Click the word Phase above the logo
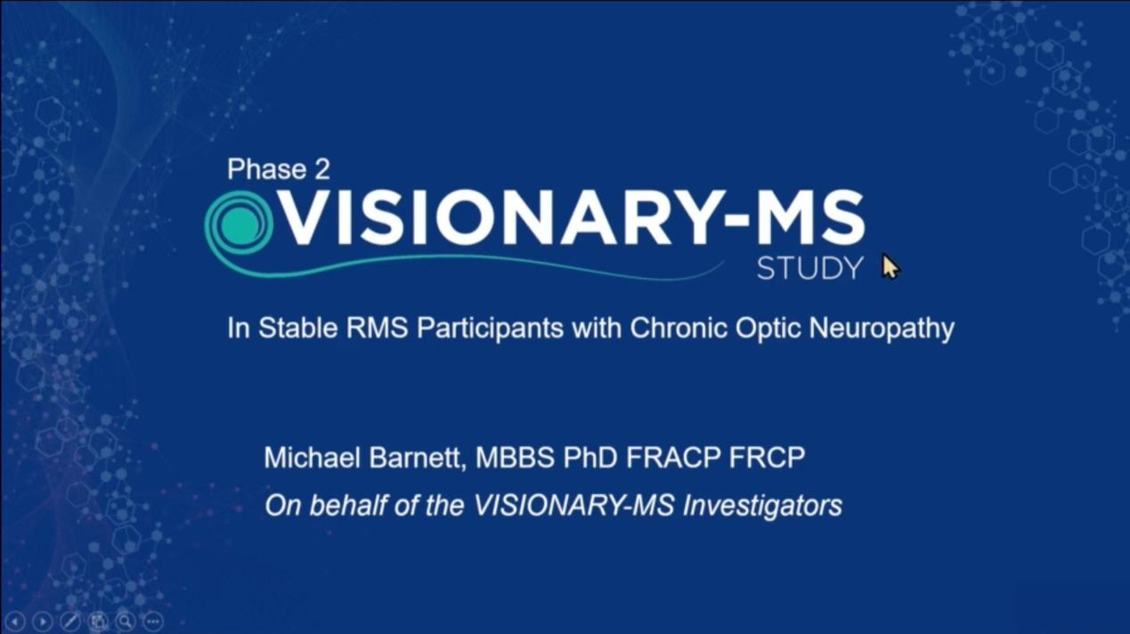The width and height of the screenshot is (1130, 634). click(x=267, y=169)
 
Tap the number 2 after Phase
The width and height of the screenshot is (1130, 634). click(x=322, y=169)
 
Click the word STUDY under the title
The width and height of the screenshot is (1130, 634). click(x=810, y=268)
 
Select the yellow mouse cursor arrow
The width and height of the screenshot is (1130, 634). click(x=890, y=266)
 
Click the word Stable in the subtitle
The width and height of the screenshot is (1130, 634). click(x=297, y=328)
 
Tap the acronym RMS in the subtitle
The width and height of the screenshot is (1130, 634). click(x=377, y=328)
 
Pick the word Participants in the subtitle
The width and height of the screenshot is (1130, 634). click(x=490, y=329)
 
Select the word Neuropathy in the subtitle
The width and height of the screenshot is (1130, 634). click(x=882, y=329)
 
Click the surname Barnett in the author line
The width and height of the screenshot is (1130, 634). click(x=416, y=458)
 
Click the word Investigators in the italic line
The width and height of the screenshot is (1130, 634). click(x=762, y=506)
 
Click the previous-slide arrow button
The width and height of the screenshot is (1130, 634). click(x=14, y=621)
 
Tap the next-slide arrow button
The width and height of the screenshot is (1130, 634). click(x=43, y=621)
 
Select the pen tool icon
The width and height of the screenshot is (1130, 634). click(x=70, y=621)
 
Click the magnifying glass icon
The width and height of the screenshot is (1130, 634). click(x=126, y=621)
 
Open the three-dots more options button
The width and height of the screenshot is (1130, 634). click(x=153, y=621)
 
